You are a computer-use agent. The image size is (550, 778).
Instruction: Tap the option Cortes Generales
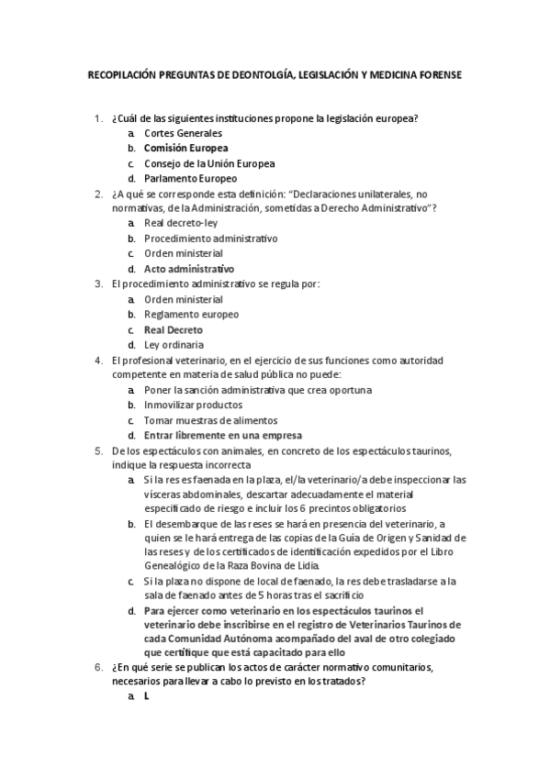184,133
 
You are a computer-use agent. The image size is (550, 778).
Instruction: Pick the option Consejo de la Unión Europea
209,163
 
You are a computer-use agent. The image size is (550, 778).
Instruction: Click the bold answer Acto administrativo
189,269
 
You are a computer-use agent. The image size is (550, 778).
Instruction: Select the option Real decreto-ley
181,223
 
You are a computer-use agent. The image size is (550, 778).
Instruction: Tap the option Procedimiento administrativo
211,239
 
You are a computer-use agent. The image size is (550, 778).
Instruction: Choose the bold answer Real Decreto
174,329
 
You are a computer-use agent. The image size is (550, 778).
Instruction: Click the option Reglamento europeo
191,315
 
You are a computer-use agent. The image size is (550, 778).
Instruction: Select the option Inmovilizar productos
193,405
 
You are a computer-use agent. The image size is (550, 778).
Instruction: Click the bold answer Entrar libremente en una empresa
223,435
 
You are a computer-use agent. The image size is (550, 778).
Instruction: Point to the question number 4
98,360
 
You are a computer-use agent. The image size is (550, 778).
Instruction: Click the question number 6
98,665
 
